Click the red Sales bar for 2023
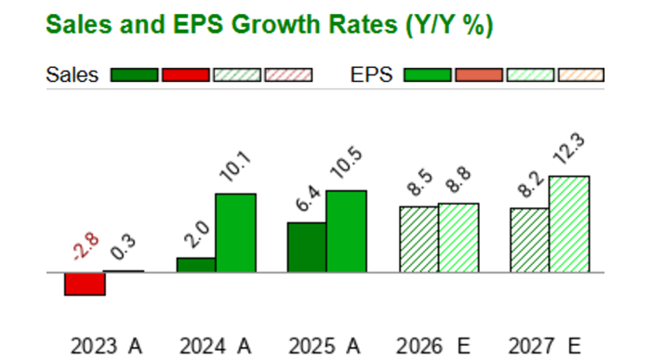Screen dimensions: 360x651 click(x=85, y=284)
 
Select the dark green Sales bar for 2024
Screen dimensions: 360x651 click(x=195, y=265)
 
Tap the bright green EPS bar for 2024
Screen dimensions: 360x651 click(x=235, y=233)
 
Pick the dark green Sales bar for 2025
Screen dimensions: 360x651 click(x=307, y=247)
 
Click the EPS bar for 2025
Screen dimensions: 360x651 click(x=346, y=231)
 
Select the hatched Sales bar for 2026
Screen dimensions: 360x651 click(x=418, y=239)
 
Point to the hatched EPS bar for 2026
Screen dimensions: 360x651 click(x=458, y=237)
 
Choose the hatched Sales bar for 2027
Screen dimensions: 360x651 click(x=529, y=240)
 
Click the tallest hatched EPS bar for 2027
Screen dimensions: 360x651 click(x=569, y=224)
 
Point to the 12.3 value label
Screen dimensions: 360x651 click(x=568, y=153)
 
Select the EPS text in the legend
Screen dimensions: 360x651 click(x=372, y=75)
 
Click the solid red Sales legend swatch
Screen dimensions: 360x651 click(x=185, y=75)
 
